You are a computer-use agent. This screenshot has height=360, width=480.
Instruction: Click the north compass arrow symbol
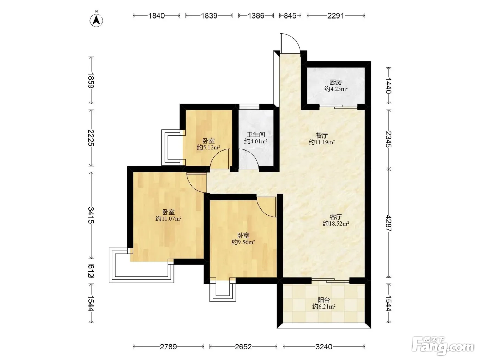96,21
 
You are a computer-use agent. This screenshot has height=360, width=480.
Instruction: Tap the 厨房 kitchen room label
336,82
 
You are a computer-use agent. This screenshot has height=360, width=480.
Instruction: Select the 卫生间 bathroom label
256,135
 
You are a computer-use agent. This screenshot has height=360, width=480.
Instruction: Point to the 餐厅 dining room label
322,136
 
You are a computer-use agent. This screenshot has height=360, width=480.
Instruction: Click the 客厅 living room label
336,217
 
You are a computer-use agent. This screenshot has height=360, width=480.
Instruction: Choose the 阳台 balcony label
324,300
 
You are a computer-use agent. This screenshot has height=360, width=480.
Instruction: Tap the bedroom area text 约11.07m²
168,219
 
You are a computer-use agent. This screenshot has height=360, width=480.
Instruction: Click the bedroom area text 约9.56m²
243,242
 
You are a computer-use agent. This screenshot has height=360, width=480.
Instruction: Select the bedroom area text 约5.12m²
208,147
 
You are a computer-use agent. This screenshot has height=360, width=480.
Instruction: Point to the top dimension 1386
256,16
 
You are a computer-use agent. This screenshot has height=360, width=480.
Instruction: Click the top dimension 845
290,16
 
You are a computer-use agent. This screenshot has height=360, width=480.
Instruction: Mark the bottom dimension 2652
243,347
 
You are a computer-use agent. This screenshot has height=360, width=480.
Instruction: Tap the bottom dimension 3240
324,347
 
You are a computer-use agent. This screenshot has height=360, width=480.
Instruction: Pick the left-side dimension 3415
91,215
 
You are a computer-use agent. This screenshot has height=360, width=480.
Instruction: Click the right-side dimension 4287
388,223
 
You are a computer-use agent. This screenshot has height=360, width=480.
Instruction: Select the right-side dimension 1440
388,85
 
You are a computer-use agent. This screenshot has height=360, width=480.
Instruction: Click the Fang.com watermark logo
443,346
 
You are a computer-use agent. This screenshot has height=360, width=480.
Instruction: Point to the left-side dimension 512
91,271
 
